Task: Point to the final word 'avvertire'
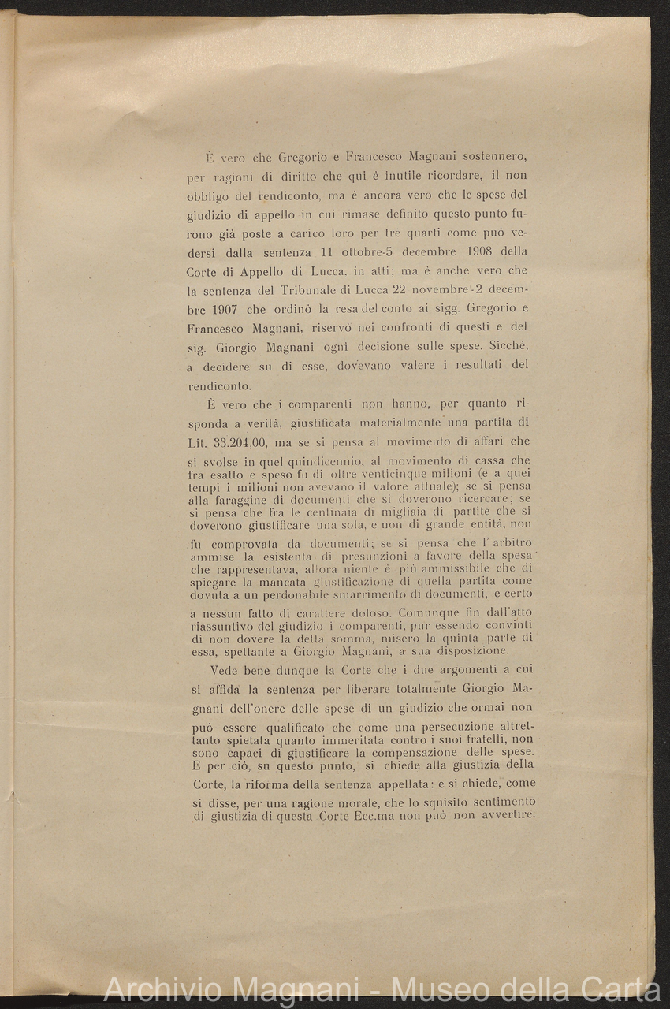[x=505, y=814]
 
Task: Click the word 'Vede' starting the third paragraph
[x=225, y=671]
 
